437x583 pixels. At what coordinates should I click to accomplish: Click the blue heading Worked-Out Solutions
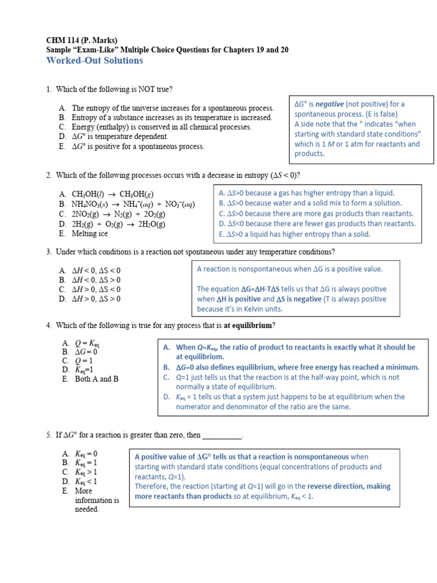point(94,60)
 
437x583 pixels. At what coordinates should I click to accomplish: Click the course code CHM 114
point(63,40)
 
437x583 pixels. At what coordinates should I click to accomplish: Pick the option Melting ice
point(89,233)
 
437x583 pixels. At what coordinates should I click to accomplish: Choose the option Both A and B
point(96,379)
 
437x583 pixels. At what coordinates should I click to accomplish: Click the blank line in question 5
point(222,435)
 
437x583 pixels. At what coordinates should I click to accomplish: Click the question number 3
point(49,252)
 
